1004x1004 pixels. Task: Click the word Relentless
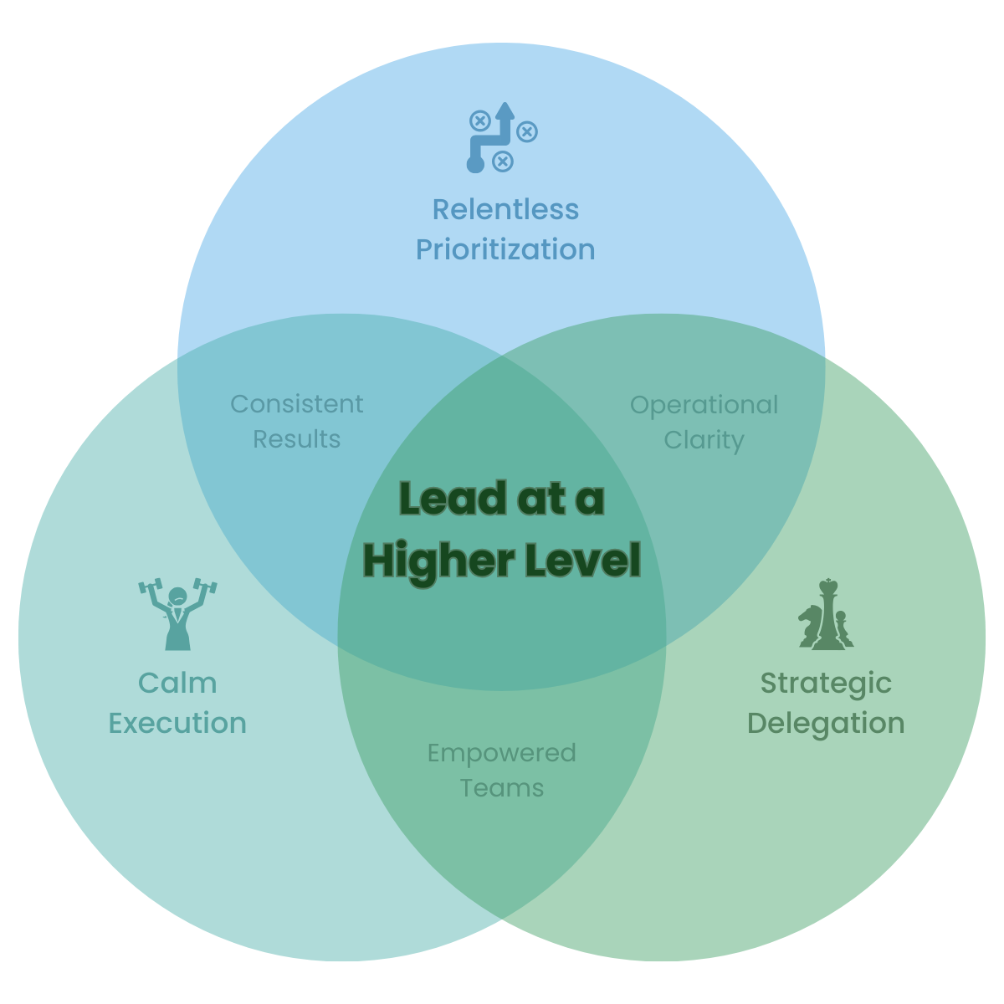[505, 209]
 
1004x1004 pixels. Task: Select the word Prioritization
[505, 249]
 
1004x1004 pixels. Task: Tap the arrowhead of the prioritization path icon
[504, 110]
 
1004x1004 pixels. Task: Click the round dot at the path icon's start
[475, 164]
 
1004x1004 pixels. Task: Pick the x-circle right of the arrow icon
[527, 131]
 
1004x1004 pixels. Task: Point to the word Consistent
[297, 404]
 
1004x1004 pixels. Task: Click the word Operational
[704, 405]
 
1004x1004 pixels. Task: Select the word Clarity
[704, 441]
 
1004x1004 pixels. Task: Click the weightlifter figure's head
[177, 597]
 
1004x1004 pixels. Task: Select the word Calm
[177, 684]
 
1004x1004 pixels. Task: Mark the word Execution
[177, 723]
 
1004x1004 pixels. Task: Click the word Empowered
[501, 753]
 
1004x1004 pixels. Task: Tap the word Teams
[501, 788]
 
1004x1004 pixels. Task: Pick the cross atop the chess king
[828, 582]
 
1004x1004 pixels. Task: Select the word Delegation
[826, 723]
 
